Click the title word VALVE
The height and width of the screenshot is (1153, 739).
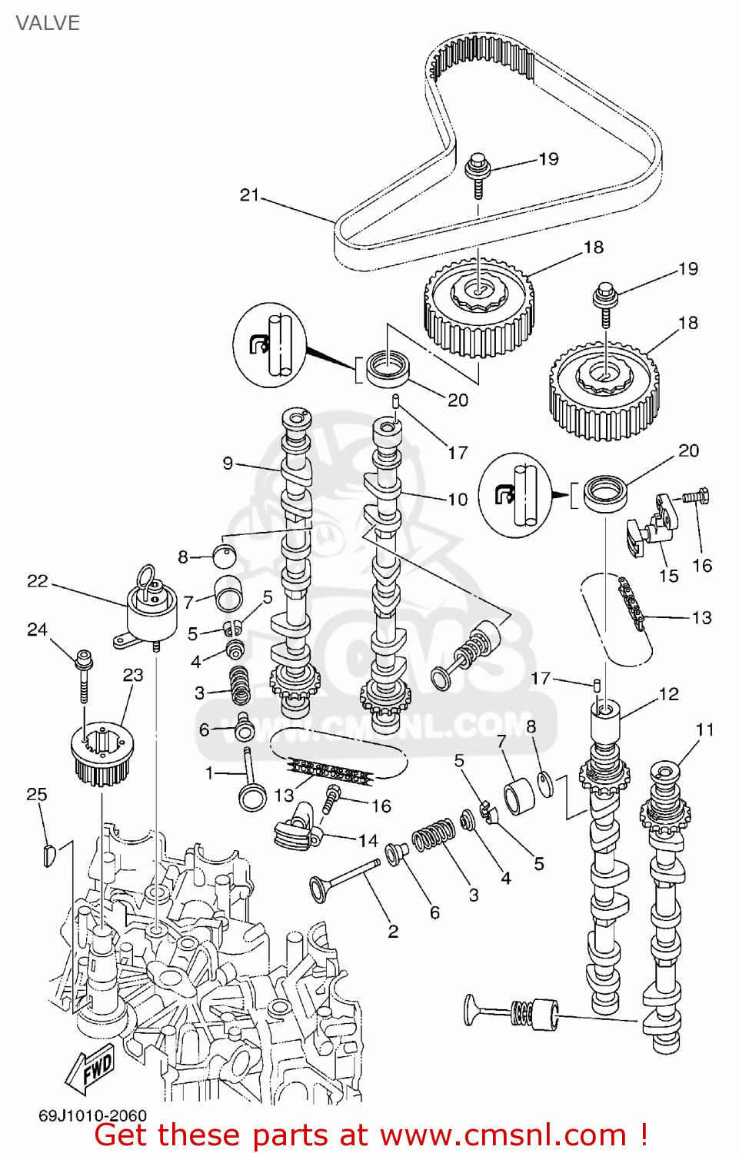tap(48, 23)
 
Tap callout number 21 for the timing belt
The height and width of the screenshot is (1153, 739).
tap(249, 195)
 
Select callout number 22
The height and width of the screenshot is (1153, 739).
tap(37, 581)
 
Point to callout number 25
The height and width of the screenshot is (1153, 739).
tap(37, 794)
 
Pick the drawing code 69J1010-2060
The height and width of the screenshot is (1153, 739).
tap(92, 1115)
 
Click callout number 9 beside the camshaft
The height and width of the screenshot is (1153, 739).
tap(228, 463)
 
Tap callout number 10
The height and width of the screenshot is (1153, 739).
tap(458, 500)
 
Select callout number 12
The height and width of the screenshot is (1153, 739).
tap(669, 694)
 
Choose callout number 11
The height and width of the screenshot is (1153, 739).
tap(705, 729)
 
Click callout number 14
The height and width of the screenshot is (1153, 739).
tap(368, 840)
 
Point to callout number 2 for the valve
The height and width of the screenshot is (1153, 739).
tap(393, 932)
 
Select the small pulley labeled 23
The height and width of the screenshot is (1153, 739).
tap(102, 753)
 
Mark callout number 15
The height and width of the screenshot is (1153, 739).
tap(669, 576)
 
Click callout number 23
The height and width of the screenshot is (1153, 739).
tap(133, 675)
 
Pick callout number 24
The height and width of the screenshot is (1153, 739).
tap(37, 630)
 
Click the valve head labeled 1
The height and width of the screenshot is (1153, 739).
tap(252, 796)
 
